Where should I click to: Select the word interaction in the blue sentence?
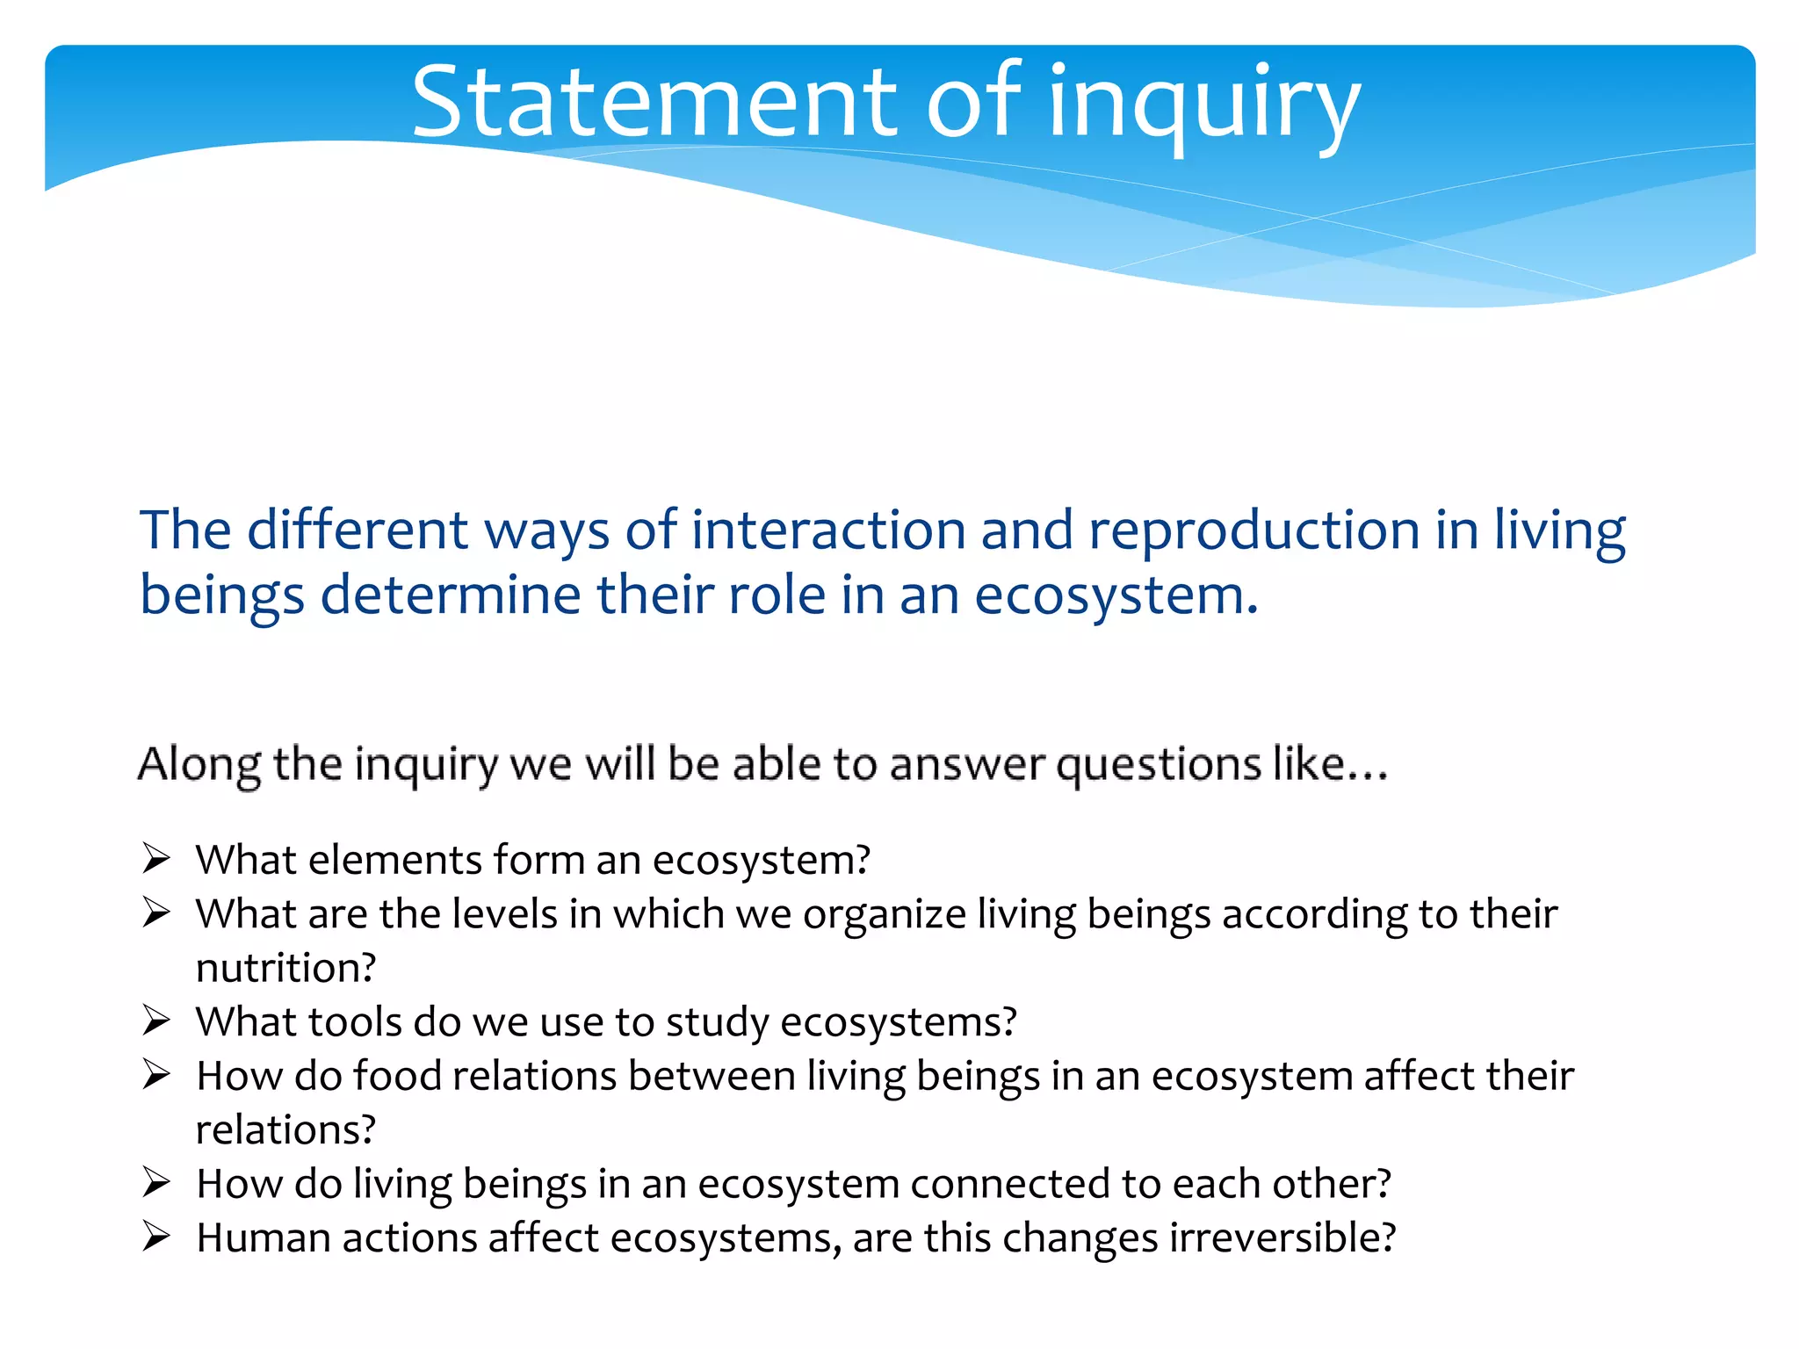(828, 530)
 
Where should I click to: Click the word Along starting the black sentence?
(199, 763)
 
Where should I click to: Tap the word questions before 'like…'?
(1157, 765)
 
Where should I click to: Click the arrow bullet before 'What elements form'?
(156, 858)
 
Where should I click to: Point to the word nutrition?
(285, 968)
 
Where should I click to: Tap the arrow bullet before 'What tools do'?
(156, 1021)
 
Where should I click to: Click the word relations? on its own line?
(285, 1129)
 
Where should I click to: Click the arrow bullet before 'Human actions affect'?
(156, 1237)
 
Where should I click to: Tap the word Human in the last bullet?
(263, 1237)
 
